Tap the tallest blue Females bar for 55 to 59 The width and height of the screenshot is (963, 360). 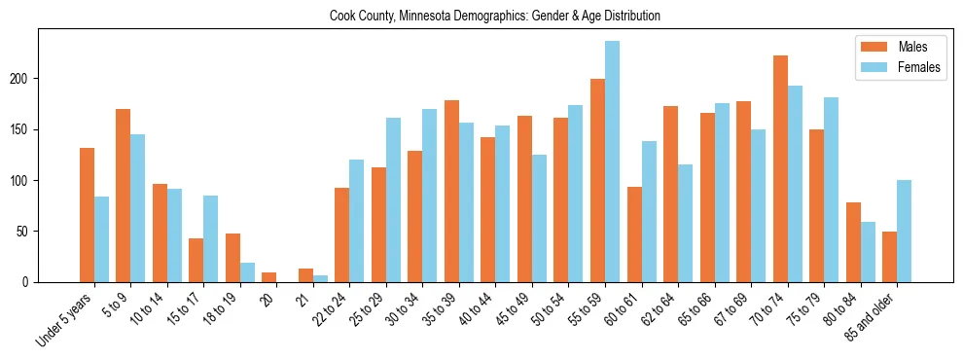(612, 162)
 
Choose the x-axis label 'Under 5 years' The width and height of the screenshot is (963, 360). (64, 318)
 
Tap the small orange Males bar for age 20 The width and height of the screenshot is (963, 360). (269, 277)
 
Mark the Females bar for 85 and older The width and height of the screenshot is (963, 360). (904, 232)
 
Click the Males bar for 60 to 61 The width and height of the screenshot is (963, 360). (634, 234)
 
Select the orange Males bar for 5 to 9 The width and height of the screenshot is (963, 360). (124, 196)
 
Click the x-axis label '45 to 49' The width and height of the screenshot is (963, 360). (514, 307)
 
